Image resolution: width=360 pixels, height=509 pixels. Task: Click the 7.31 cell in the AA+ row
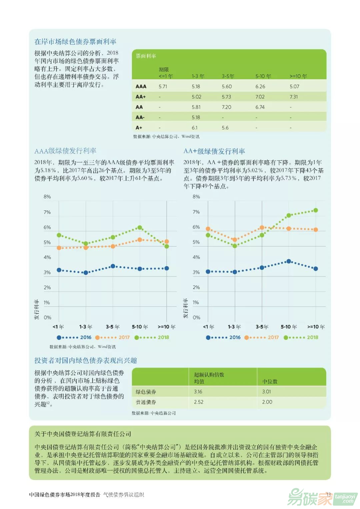294,97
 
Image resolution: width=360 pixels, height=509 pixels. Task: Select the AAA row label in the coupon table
141,86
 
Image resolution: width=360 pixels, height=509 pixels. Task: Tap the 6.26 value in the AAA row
260,86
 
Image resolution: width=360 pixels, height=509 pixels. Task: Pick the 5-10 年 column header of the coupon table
263,76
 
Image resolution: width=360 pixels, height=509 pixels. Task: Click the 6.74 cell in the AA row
260,107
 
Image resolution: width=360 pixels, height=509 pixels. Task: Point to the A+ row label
139,128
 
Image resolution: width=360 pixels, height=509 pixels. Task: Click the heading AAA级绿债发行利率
65,151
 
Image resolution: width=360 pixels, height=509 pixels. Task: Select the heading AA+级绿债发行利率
214,151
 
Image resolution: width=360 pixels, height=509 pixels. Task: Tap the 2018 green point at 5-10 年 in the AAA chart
140,228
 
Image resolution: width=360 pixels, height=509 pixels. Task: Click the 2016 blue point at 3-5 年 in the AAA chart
113,266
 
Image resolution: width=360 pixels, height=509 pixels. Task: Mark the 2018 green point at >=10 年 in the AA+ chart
316,210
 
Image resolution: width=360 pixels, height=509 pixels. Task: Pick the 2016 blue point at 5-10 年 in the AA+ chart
289,262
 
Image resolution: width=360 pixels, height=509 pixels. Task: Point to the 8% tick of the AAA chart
47,197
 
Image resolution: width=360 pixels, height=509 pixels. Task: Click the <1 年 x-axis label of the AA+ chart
209,327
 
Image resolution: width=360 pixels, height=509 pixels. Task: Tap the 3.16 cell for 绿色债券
198,392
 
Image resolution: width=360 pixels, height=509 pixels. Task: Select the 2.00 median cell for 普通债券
267,402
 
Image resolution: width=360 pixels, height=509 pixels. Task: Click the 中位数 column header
270,381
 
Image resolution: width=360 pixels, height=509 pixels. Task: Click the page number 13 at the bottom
329,494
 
